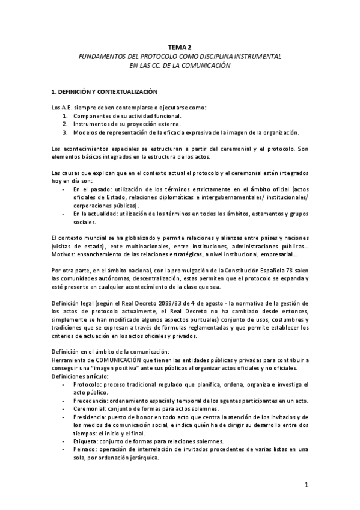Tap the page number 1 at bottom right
[x=306, y=485]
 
